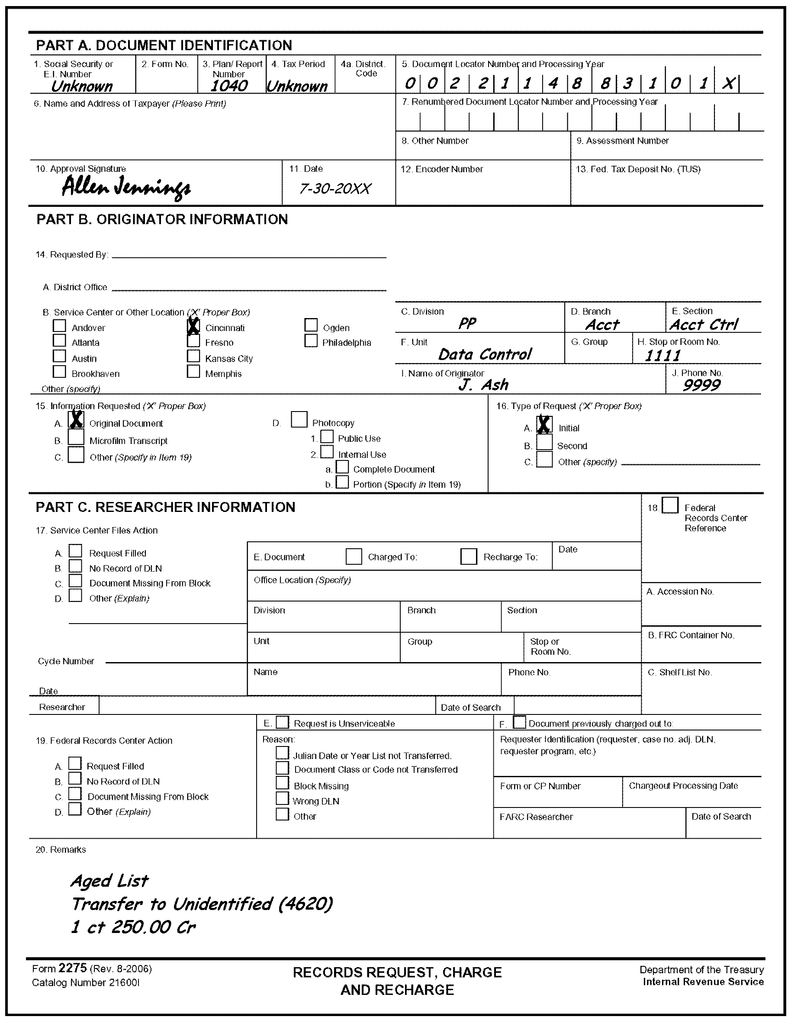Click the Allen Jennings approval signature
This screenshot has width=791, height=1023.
click(126, 187)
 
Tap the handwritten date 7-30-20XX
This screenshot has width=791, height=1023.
click(335, 189)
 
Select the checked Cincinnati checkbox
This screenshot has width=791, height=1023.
click(193, 326)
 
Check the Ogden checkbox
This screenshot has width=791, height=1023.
click(311, 325)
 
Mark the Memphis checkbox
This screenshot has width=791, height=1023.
click(193, 371)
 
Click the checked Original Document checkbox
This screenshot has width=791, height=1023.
click(76, 420)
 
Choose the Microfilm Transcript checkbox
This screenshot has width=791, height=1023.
click(76, 438)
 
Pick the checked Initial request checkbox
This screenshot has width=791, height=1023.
click(544, 425)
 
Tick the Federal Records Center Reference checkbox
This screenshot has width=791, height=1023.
click(670, 505)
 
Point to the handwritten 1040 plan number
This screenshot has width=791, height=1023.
click(229, 86)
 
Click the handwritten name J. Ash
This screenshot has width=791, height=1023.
click(483, 385)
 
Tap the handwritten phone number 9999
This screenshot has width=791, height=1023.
click(701, 385)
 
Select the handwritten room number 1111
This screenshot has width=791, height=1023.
click(662, 356)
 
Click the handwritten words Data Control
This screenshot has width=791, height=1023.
click(485, 354)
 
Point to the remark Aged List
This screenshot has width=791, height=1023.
click(109, 881)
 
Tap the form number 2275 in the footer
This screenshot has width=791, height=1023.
click(73, 968)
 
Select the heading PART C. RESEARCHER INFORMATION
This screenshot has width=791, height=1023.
click(165, 507)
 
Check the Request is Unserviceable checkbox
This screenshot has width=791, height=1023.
click(283, 722)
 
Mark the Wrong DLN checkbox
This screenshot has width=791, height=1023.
click(283, 798)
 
